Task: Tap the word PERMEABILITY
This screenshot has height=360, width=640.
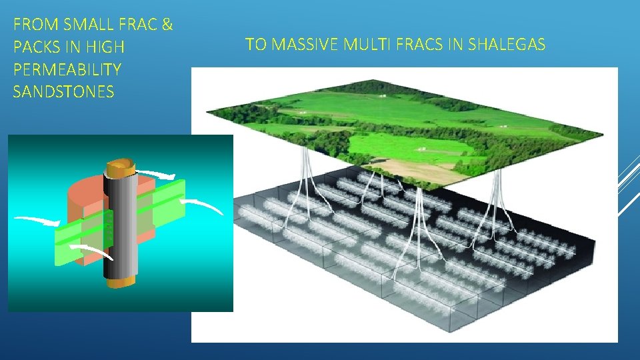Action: [67, 70]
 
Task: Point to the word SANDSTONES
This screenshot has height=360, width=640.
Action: [63, 92]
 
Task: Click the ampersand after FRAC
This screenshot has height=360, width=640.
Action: [167, 25]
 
